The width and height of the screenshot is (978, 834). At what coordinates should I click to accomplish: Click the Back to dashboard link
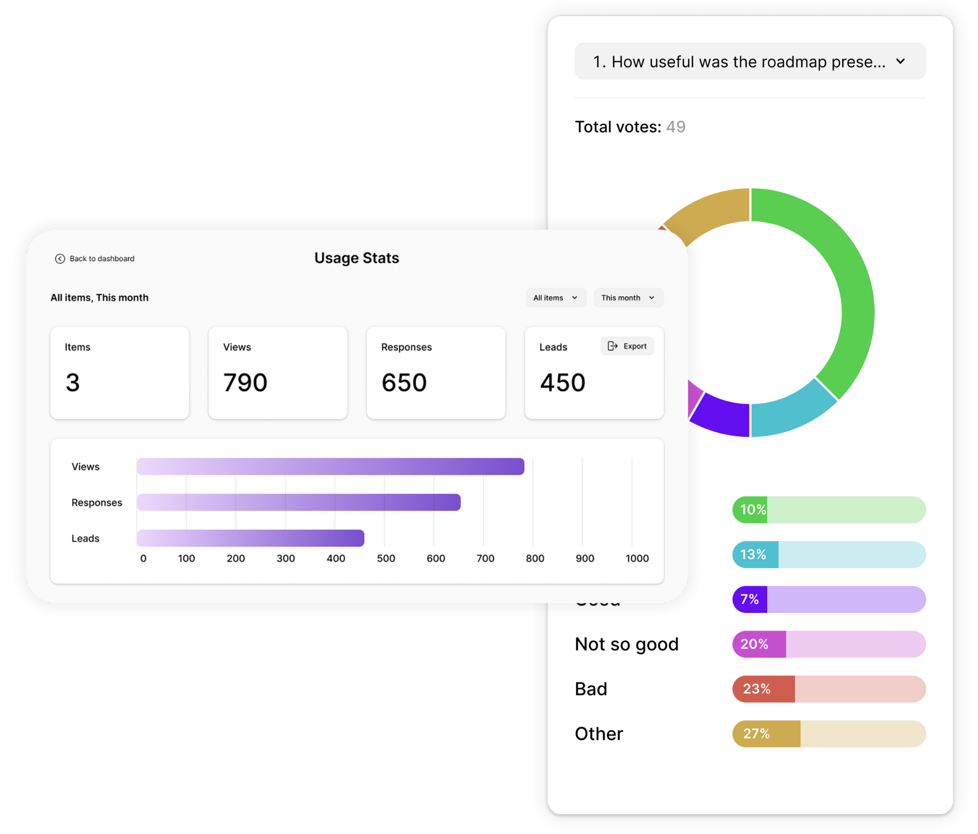[95, 258]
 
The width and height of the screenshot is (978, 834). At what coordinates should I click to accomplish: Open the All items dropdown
[555, 298]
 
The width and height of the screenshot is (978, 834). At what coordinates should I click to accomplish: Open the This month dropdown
[628, 298]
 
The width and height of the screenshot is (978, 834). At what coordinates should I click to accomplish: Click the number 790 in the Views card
[245, 382]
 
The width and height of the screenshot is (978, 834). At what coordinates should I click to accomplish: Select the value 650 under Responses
[403, 382]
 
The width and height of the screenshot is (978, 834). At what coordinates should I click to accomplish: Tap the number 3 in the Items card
[73, 382]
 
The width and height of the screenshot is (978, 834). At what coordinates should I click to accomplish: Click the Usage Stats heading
[356, 258]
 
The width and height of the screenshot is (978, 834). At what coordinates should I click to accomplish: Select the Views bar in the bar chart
[330, 467]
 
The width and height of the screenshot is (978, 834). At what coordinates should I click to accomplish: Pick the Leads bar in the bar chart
[250, 538]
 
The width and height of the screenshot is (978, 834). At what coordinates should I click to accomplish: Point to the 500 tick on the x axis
[386, 558]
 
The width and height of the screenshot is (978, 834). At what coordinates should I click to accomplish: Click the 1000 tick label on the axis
[637, 558]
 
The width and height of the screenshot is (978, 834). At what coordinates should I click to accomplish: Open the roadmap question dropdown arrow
[900, 61]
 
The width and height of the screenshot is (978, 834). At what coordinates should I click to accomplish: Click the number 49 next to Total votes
[676, 127]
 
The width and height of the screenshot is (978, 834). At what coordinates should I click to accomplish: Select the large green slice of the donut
[843, 278]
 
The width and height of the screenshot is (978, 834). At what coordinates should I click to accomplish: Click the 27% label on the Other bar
[756, 733]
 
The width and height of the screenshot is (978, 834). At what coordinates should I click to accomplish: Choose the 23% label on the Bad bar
[756, 689]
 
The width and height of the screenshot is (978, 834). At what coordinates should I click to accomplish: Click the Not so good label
[627, 644]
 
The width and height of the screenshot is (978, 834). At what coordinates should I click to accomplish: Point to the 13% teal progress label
[753, 554]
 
